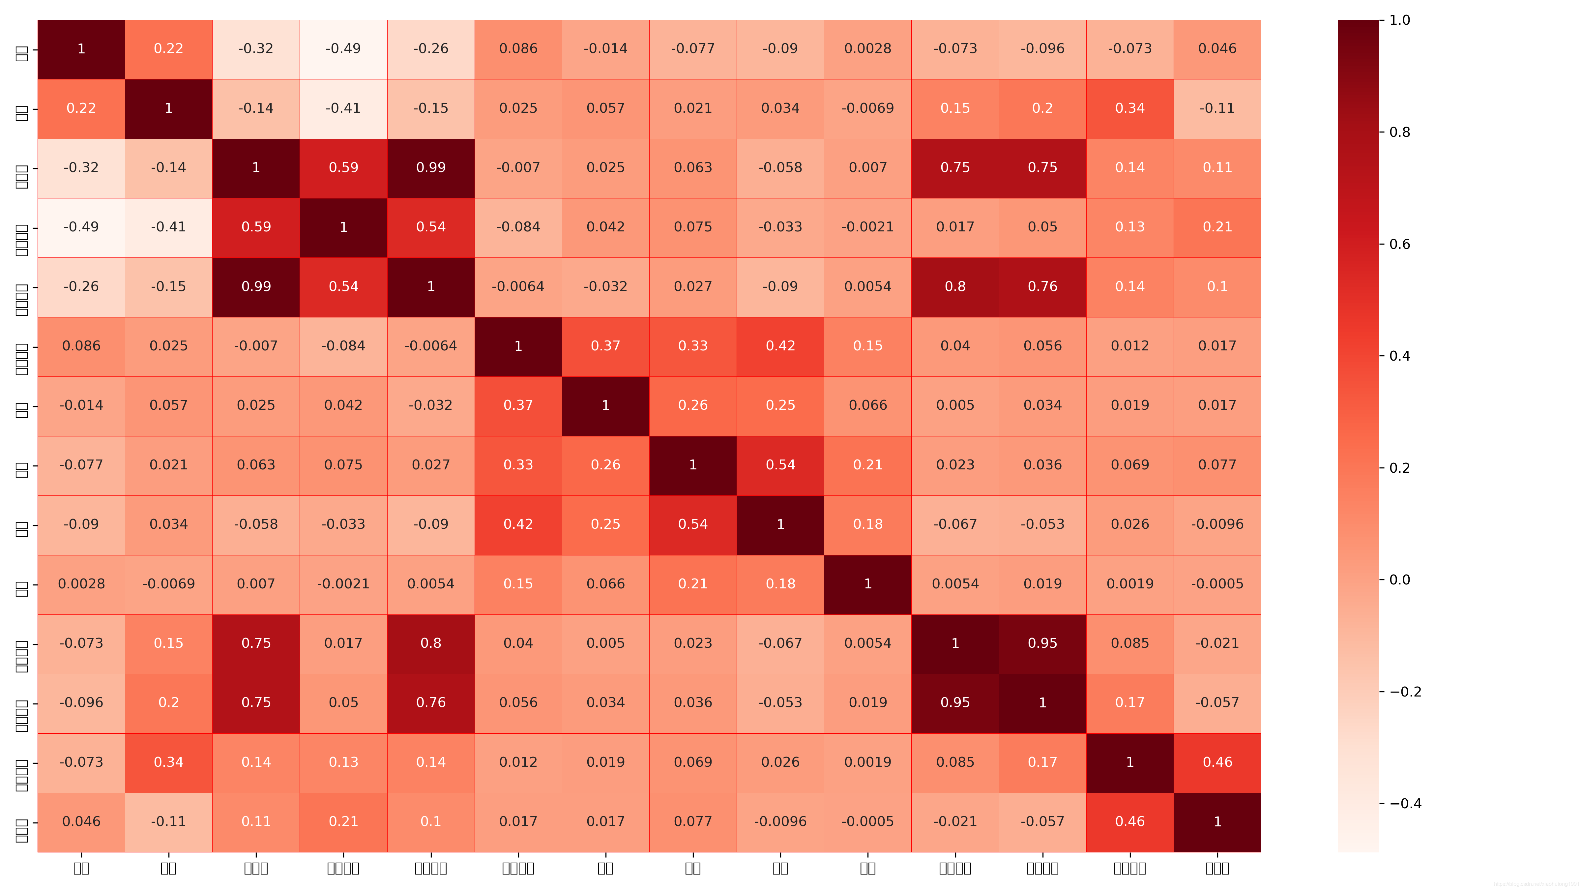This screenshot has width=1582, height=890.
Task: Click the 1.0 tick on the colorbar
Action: [x=1400, y=20]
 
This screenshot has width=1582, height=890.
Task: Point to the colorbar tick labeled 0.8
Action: [x=1400, y=132]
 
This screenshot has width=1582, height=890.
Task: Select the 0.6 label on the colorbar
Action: [x=1400, y=244]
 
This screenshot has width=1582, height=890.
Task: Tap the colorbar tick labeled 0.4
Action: [x=1400, y=356]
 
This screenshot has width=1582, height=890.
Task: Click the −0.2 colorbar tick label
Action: [x=1405, y=692]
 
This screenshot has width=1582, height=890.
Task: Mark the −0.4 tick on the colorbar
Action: [x=1405, y=803]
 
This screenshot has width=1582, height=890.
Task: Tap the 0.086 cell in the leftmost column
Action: [x=81, y=346]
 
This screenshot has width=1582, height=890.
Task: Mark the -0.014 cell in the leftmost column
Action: [x=81, y=405]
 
